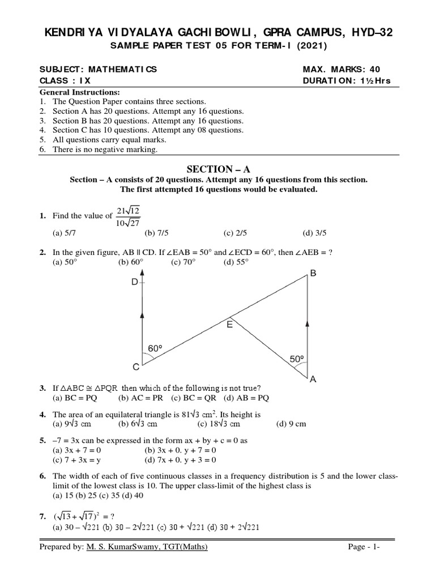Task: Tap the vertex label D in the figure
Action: coord(135,282)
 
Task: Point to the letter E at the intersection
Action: coord(229,325)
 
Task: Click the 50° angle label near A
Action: coord(297,359)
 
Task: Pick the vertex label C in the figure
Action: coord(136,367)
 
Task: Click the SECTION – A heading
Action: coord(218,168)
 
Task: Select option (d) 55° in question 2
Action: coord(236,262)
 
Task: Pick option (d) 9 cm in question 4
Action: coord(291,424)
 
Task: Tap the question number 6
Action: coord(42,476)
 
